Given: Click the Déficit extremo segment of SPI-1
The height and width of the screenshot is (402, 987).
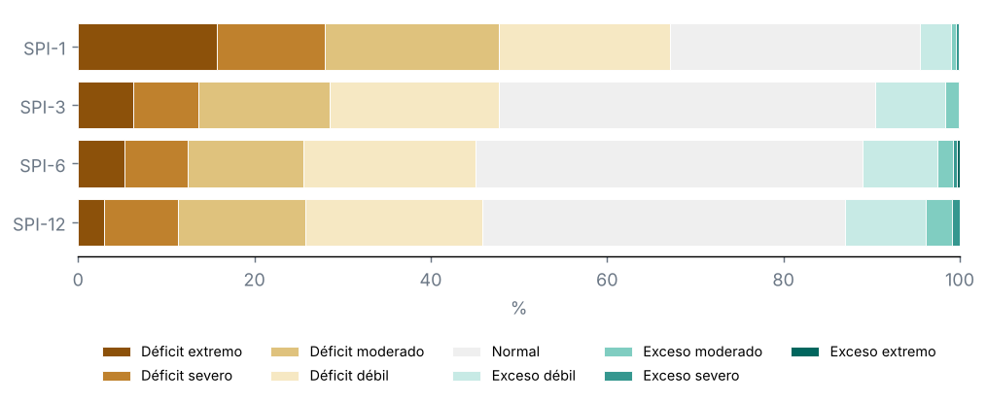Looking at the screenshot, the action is tap(148, 48).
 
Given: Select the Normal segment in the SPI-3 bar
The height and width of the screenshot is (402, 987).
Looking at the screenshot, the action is tap(687, 106).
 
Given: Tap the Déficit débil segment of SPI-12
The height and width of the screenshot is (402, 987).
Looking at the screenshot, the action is tap(394, 223).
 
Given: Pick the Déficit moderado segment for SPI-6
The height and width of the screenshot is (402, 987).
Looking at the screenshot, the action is tap(246, 164).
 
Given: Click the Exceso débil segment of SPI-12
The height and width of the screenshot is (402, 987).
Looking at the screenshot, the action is tap(886, 223).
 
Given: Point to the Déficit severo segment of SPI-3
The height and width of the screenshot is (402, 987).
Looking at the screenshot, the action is tap(166, 106).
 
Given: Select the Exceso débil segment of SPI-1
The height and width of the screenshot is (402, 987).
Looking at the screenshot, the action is tap(936, 48).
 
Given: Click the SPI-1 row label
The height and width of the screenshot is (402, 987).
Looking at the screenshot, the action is tap(43, 48).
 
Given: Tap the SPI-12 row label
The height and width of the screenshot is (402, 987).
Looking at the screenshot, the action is tap(40, 223).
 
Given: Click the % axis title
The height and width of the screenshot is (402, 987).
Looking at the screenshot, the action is tap(518, 308).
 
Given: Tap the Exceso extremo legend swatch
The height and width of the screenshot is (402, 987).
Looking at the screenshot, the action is tap(805, 352).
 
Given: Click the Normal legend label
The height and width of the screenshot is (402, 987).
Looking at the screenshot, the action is tap(515, 352).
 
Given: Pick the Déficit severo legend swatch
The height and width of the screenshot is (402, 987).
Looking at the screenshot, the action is tap(117, 376).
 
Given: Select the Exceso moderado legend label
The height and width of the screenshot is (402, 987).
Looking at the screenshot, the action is tap(702, 352).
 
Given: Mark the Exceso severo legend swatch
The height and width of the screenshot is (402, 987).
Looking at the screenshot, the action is tap(618, 376).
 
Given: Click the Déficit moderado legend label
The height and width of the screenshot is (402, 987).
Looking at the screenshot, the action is tap(367, 352).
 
